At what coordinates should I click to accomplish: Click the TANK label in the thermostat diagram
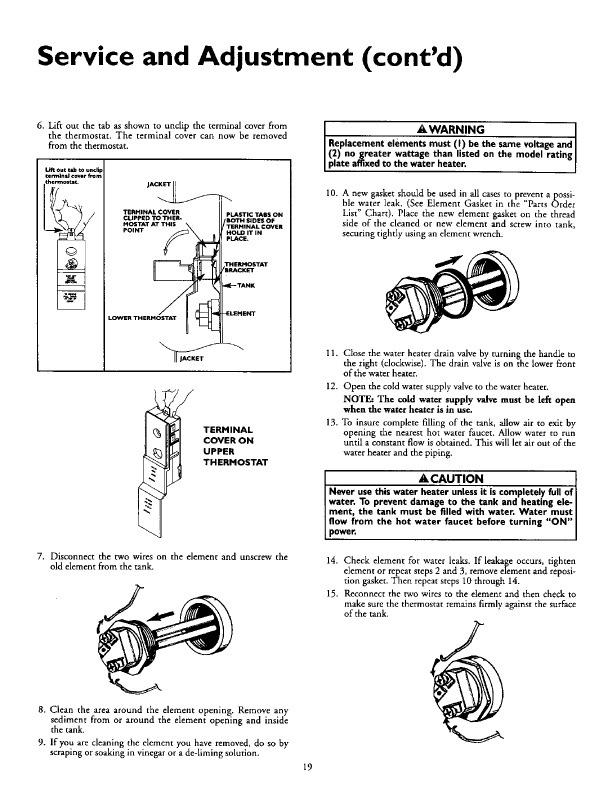click(x=247, y=286)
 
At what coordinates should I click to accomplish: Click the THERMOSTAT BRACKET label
click(x=246, y=267)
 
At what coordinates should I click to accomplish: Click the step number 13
click(x=332, y=422)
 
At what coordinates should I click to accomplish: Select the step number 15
click(x=332, y=594)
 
